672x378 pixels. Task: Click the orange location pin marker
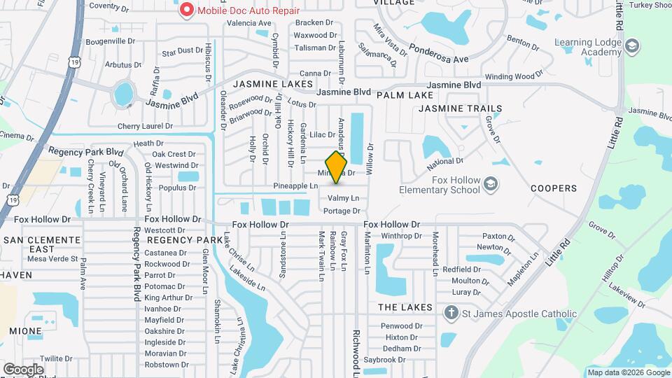click(337, 167)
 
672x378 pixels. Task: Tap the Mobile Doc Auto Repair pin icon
click(187, 10)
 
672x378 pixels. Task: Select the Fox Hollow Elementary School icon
click(491, 183)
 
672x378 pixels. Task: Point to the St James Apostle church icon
click(451, 313)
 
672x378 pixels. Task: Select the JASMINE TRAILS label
click(460, 108)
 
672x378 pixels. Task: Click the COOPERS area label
click(553, 188)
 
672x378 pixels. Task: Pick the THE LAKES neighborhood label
click(405, 308)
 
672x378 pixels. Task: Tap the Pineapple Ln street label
click(295, 185)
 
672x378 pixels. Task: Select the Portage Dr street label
click(342, 211)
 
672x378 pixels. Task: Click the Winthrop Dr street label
click(398, 235)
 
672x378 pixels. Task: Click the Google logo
click(23, 369)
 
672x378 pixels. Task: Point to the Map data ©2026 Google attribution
click(628, 372)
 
